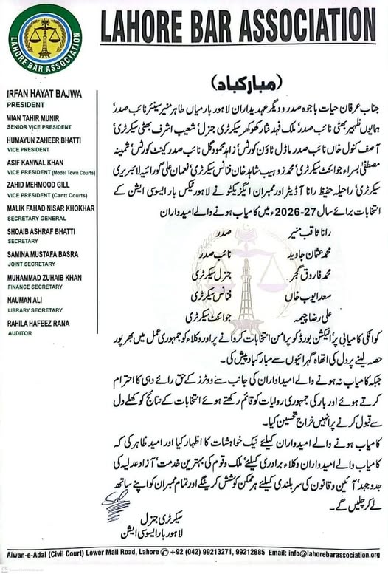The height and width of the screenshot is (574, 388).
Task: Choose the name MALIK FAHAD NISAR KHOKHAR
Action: coord(51,209)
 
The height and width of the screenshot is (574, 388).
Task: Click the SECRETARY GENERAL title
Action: coord(33,217)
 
